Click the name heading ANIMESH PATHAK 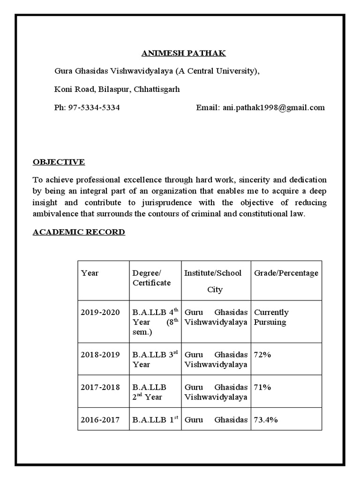[x=184, y=53]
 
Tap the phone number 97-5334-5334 [x=94, y=107]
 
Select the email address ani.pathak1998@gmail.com [x=273, y=107]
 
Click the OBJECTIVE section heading [x=59, y=162]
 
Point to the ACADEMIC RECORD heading [x=79, y=232]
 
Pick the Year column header [x=90, y=273]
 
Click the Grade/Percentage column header [x=286, y=273]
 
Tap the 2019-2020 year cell [x=100, y=312]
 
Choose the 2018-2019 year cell [x=100, y=354]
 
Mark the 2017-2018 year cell [x=100, y=387]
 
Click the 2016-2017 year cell [x=100, y=420]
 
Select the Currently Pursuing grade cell [x=271, y=317]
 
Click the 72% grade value [x=262, y=354]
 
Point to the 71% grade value [x=262, y=387]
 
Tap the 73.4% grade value [x=266, y=420]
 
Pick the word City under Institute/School [x=215, y=289]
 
